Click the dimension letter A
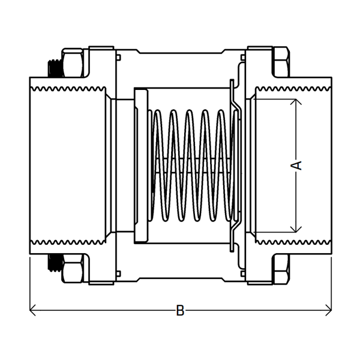pos(296,165)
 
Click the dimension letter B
pos(180,311)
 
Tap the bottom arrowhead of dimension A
pos(295,230)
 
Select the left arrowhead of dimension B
pos(32,310)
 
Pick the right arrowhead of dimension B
pos(329,310)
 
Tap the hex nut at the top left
pos(74,63)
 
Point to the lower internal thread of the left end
pos(66,243)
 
